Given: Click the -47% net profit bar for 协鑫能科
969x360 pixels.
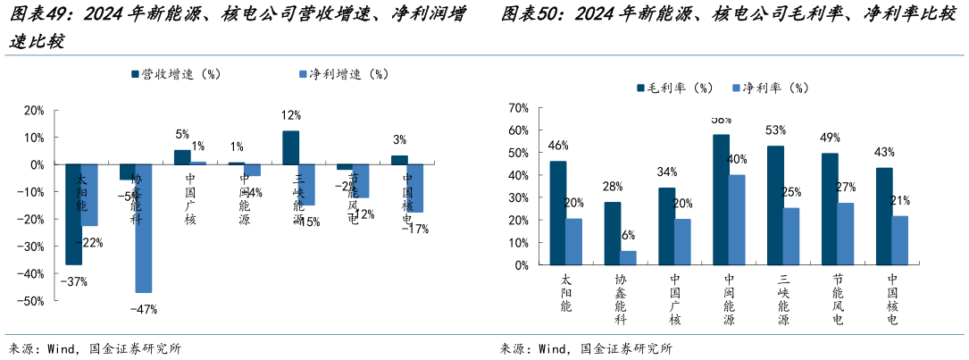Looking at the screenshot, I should point(143,229).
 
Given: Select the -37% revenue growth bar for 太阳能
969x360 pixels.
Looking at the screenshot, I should point(74,214).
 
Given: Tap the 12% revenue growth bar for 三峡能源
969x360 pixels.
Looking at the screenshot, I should point(290,148).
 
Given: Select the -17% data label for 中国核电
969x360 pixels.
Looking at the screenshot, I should point(413,229).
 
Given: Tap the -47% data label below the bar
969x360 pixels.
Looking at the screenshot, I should point(143,309).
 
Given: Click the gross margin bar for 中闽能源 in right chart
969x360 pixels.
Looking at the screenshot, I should point(722,199).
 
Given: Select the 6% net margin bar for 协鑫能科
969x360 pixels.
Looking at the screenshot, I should point(629,258).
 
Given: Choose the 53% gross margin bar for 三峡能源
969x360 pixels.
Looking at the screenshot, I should point(775,205).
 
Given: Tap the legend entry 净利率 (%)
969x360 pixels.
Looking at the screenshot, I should point(769,88).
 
